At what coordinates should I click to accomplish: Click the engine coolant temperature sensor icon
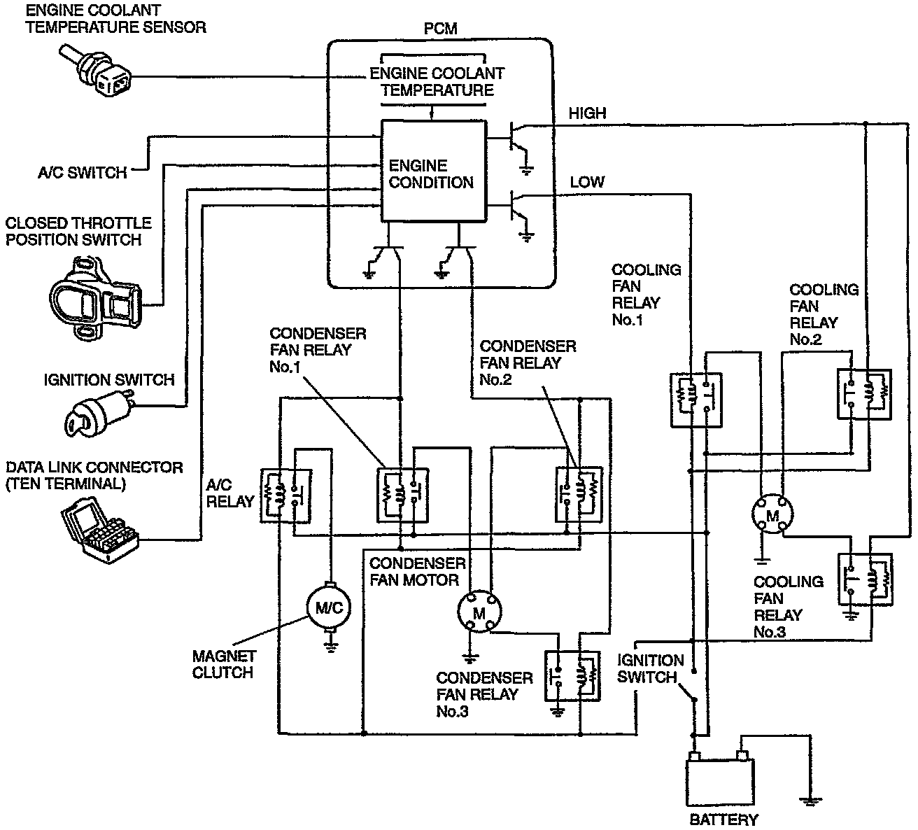[98, 72]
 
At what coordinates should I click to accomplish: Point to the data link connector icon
[98, 527]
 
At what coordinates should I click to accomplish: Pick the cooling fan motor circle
[772, 514]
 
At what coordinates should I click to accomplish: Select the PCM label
[440, 29]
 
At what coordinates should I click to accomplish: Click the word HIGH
[587, 113]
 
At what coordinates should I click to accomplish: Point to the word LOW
[586, 182]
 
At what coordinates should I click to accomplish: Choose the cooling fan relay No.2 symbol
[865, 393]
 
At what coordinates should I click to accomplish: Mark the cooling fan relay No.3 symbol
[865, 579]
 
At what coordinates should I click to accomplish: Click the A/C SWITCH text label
[83, 172]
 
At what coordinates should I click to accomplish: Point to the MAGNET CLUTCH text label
[222, 664]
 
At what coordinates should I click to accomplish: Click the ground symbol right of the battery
[810, 800]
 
